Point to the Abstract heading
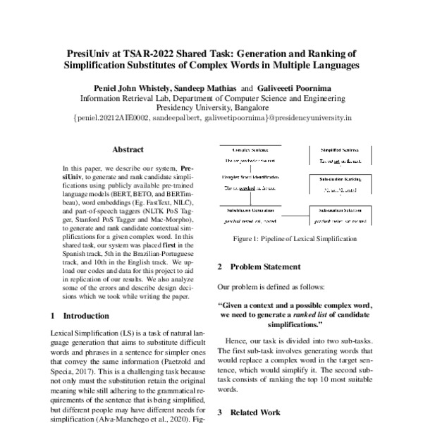coord(128,149)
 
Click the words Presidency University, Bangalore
coord(211,109)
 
